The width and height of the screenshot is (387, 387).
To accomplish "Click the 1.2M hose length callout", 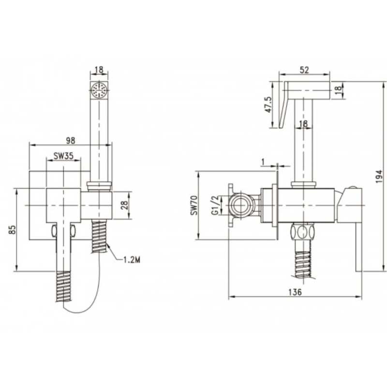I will (131, 260).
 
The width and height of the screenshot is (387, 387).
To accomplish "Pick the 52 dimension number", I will (304, 70).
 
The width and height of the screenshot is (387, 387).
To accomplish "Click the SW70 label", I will (194, 204).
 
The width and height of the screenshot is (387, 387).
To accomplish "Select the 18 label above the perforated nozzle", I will (100, 70).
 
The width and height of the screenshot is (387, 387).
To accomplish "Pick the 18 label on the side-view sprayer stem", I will (303, 124).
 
